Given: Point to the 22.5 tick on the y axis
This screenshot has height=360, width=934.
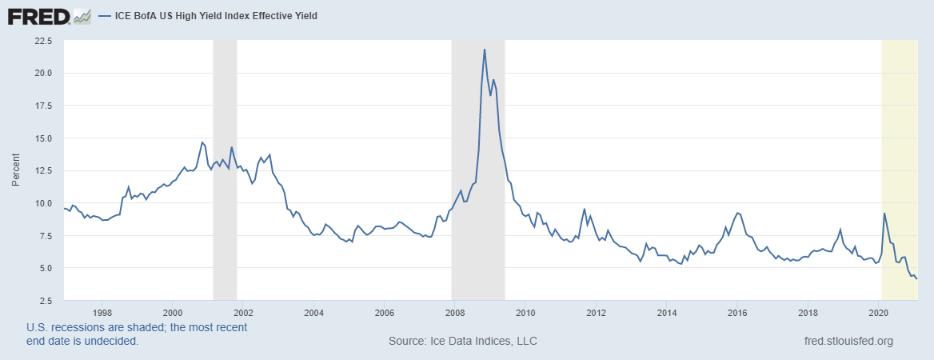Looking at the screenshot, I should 42,40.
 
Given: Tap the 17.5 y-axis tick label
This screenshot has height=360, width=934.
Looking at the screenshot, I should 42,105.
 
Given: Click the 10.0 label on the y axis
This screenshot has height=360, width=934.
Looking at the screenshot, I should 42,202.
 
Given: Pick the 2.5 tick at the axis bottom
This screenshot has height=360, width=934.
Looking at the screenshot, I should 44,300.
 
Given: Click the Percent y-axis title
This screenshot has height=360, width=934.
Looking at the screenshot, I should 15,170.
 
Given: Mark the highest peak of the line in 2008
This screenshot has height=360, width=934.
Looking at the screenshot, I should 484,50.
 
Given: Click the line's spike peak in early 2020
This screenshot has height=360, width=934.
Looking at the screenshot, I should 884,214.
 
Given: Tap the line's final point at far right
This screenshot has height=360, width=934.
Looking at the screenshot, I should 916,278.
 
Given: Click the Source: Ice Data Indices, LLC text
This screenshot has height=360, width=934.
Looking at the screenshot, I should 462,342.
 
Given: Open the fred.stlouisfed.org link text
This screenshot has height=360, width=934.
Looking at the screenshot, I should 848,342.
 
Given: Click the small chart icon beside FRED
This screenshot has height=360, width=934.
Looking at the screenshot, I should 82,16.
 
